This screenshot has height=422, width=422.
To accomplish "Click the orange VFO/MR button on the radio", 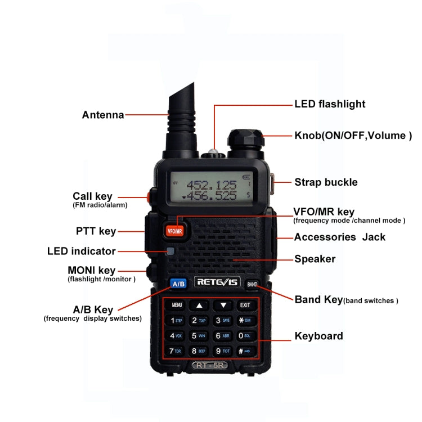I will tap(174, 230).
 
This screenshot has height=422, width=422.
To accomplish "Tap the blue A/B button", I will tap(178, 284).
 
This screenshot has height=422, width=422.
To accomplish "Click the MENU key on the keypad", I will tap(177, 306).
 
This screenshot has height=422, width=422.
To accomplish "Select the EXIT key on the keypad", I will tap(245, 306).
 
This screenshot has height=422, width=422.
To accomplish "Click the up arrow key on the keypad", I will tap(199, 306).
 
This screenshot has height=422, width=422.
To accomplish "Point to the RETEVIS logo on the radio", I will tap(217, 282).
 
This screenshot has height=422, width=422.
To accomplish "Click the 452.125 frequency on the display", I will tap(211, 185).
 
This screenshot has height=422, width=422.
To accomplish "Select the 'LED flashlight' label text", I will tap(330, 104).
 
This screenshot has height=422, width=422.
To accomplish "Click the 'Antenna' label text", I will tap(103, 115).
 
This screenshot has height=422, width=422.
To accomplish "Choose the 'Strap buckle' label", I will tap(326, 182).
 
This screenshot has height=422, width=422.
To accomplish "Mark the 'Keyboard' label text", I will tap(318, 336).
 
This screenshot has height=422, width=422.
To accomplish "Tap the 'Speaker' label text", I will tap(315, 259).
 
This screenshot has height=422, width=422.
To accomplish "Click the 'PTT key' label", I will tap(96, 231).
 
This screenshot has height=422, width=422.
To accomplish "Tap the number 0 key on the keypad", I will tap(245, 336).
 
